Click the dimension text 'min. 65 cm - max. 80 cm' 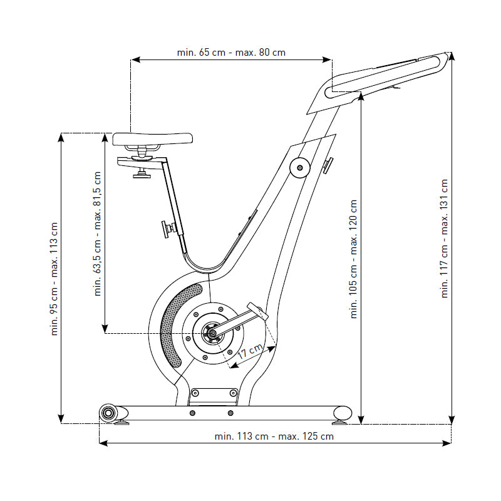(231, 53)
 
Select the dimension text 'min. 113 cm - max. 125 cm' (274, 436)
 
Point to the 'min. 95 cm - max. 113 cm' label (54, 277)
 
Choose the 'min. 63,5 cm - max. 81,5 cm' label (98, 233)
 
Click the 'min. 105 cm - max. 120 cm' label (353, 259)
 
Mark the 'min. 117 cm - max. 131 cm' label (444, 239)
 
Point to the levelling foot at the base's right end (343, 414)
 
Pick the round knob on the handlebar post (299, 167)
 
